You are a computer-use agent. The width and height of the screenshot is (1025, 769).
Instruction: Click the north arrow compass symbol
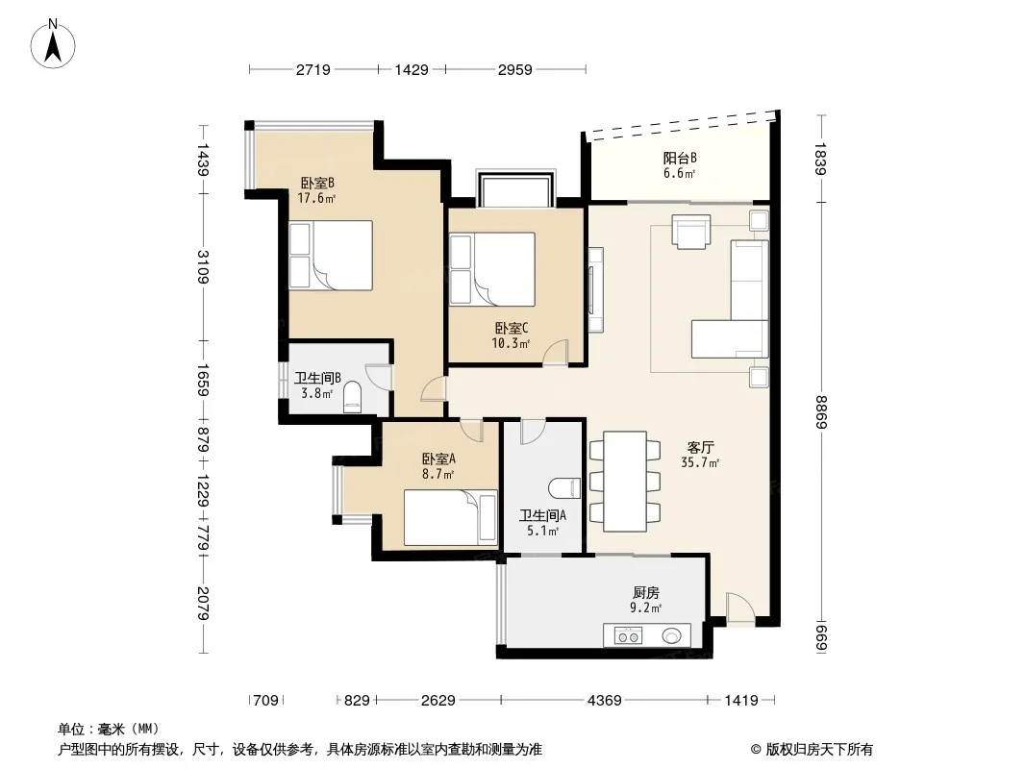point(53,44)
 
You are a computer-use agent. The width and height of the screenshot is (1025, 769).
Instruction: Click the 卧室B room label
point(317,183)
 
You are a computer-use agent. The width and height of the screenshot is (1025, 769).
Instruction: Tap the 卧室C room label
point(511,328)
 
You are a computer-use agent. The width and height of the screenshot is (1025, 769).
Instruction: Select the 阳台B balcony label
point(680,158)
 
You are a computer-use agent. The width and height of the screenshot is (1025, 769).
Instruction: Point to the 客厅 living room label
point(700,448)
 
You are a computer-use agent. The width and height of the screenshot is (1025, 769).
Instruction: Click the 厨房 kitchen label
point(646,592)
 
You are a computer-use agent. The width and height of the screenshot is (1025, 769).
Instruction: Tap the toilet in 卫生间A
point(564,488)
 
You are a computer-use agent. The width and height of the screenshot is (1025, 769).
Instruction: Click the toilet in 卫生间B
point(352,398)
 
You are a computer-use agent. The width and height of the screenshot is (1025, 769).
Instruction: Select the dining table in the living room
point(625,481)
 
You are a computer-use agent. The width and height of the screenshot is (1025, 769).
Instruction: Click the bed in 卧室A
point(450,517)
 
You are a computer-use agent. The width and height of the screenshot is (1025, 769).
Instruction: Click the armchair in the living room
point(691,232)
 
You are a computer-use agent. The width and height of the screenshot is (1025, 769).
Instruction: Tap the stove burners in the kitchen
point(628,635)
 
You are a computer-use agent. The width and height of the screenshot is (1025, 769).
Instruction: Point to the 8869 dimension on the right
point(822,412)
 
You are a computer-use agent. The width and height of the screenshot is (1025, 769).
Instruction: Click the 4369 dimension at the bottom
point(605,701)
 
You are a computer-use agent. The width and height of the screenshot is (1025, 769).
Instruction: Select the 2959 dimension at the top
point(515,69)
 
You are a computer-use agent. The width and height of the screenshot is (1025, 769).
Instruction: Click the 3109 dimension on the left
point(203,267)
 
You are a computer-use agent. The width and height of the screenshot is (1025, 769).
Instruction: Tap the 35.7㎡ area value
point(700,463)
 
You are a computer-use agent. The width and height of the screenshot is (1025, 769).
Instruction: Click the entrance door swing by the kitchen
point(740,608)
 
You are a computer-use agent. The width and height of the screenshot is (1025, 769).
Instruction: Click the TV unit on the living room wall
point(595,289)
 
